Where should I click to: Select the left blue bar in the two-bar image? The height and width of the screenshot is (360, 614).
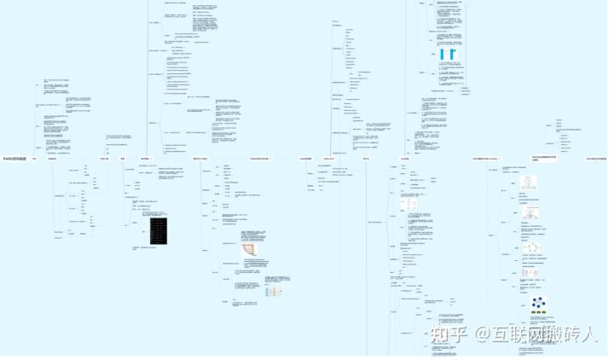(443, 55)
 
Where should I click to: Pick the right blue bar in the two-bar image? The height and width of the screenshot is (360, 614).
(452, 55)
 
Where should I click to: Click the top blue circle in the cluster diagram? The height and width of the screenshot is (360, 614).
(539, 299)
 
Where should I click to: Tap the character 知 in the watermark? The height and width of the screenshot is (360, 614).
(440, 333)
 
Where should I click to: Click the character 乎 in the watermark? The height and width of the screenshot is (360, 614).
(459, 333)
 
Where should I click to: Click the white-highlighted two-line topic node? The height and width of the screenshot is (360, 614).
(544, 159)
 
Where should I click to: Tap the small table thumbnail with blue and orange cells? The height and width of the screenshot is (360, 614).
(274, 292)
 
